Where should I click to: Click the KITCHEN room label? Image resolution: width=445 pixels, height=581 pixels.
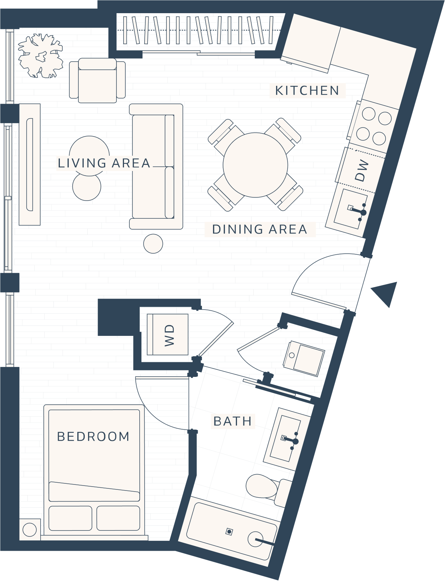(x=307, y=90)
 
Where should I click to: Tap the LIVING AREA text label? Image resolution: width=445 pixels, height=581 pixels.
(x=104, y=163)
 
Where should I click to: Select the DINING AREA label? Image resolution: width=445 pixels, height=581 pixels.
(x=260, y=229)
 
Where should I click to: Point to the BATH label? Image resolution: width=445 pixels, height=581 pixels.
(x=232, y=421)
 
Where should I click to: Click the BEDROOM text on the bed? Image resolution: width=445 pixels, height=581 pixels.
(x=93, y=437)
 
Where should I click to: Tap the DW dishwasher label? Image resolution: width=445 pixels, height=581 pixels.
(x=362, y=170)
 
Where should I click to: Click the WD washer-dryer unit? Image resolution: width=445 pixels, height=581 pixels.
(x=168, y=334)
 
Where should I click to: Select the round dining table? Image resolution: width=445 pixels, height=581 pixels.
(x=255, y=165)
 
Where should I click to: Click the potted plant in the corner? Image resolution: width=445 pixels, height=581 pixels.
(x=41, y=56)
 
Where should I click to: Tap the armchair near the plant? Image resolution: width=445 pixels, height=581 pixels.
(x=97, y=80)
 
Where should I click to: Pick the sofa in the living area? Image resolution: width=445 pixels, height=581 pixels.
(x=156, y=167)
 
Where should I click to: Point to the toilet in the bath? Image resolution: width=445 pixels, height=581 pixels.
(x=269, y=489)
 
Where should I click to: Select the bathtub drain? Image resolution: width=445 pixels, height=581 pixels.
(x=229, y=531)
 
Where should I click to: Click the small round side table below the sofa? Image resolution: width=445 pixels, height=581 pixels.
(x=153, y=244)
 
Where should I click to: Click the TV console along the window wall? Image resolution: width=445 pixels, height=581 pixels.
(x=30, y=165)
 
